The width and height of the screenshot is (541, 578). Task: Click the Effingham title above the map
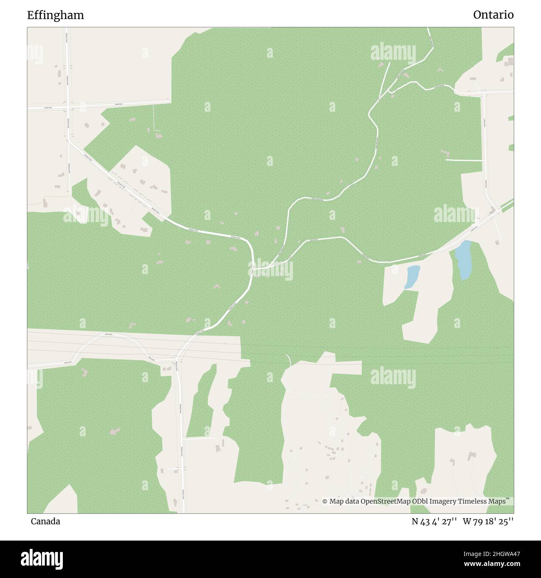(x=55, y=15)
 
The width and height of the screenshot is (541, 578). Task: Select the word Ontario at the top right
(x=493, y=15)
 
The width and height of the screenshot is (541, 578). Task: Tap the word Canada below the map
(x=45, y=521)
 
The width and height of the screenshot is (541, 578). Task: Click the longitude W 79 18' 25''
(x=488, y=521)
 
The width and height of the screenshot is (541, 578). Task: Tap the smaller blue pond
(x=412, y=277)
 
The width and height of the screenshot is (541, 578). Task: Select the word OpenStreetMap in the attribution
(x=385, y=501)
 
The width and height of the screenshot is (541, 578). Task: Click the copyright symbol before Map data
(x=325, y=501)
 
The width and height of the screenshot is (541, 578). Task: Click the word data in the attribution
(x=351, y=501)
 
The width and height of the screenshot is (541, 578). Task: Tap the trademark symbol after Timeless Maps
(x=508, y=499)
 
